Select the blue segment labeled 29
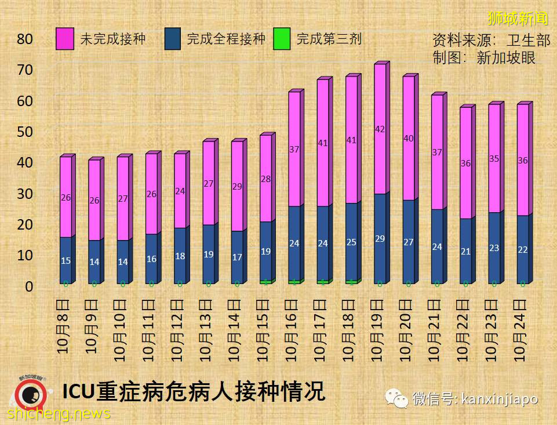click(380, 238)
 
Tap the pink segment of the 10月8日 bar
click(65, 197)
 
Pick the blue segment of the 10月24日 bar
click(522, 249)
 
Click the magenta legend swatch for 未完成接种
click(65, 39)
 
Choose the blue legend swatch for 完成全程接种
click(172, 39)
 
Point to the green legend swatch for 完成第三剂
click(282, 39)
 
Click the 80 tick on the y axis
click(25, 39)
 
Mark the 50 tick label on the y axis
click(25, 132)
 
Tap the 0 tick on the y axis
click(29, 286)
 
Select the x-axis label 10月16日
click(293, 328)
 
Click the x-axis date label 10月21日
click(436, 328)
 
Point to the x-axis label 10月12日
click(179, 328)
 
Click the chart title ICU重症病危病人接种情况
click(194, 392)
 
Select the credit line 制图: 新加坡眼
click(483, 57)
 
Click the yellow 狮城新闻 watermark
click(517, 18)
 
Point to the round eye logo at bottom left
click(27, 398)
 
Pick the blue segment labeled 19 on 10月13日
click(208, 254)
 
